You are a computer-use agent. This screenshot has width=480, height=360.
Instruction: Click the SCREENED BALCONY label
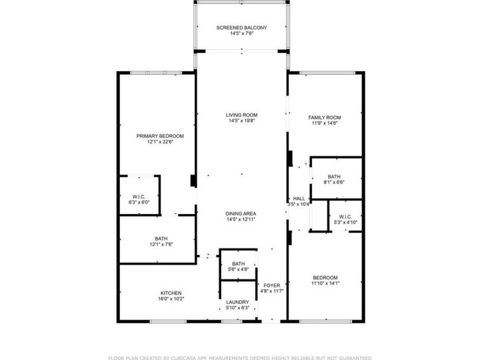tap(241, 27)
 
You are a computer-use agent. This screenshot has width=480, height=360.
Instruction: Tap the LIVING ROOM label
tap(241, 115)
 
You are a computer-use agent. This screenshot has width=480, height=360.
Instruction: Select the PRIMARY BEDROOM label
tap(160, 136)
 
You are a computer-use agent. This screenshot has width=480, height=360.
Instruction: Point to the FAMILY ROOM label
tap(325, 116)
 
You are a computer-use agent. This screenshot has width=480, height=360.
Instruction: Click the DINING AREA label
tap(241, 213)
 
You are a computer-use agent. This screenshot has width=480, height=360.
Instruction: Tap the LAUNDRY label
tap(237, 302)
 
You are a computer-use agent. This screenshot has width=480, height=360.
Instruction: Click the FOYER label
tap(271, 285)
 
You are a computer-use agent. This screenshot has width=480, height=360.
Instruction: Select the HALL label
tap(298, 198)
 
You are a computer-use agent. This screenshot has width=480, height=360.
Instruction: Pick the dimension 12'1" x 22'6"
tap(160, 142)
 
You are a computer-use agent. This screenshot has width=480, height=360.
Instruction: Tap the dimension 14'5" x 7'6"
tap(241, 34)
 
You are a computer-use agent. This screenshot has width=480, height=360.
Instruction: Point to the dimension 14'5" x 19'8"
tap(241, 121)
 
